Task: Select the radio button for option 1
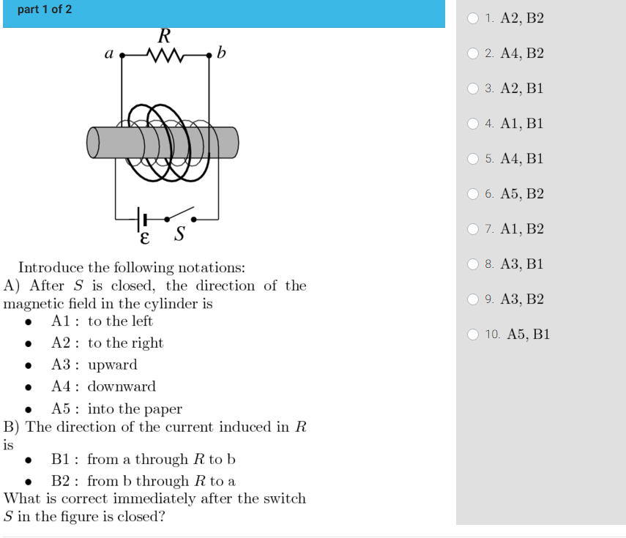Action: [474, 18]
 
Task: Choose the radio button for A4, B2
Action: [474, 53]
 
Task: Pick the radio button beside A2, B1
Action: [474, 89]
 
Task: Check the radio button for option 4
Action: [474, 124]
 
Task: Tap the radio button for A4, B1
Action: [474, 159]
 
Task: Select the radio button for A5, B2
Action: [474, 194]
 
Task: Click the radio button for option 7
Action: [474, 229]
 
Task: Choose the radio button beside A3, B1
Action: [474, 264]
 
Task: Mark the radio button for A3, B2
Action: [474, 299]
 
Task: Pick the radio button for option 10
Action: [474, 335]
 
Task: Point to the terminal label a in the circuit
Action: [108, 53]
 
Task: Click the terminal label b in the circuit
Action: [222, 53]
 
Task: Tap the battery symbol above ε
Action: [142, 218]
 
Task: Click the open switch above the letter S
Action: [180, 214]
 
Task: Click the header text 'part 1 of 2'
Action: [45, 10]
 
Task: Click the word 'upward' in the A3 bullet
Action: [112, 365]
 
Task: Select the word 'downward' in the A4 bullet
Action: [122, 386]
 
